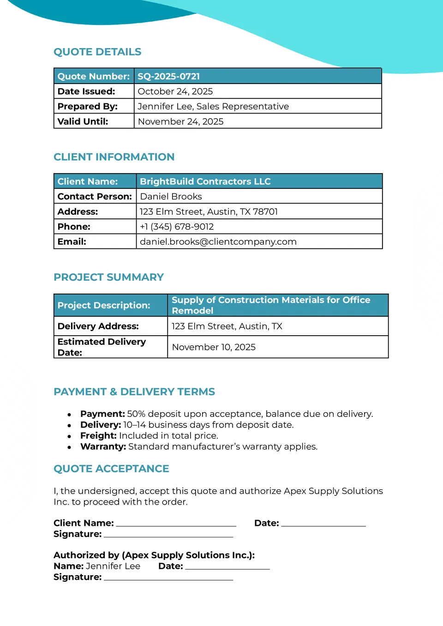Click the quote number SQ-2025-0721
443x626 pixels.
168,76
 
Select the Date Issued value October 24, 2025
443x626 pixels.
175,91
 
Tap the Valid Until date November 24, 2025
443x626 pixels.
180,121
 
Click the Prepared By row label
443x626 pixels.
87,107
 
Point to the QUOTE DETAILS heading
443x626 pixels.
97,52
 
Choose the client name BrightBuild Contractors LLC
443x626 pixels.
205,181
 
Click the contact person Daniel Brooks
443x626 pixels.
171,197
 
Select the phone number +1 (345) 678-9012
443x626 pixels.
177,227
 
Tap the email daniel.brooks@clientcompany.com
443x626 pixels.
218,242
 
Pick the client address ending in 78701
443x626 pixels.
209,212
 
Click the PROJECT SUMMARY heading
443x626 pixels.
108,277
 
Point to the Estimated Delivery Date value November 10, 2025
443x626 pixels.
214,347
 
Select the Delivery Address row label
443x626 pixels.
98,326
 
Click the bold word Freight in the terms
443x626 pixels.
98,436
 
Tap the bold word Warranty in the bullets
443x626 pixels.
103,447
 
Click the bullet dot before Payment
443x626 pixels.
69,415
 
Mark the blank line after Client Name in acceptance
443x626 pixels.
176,525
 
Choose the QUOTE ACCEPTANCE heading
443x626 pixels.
111,469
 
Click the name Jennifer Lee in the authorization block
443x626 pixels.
113,566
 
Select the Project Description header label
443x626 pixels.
104,305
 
